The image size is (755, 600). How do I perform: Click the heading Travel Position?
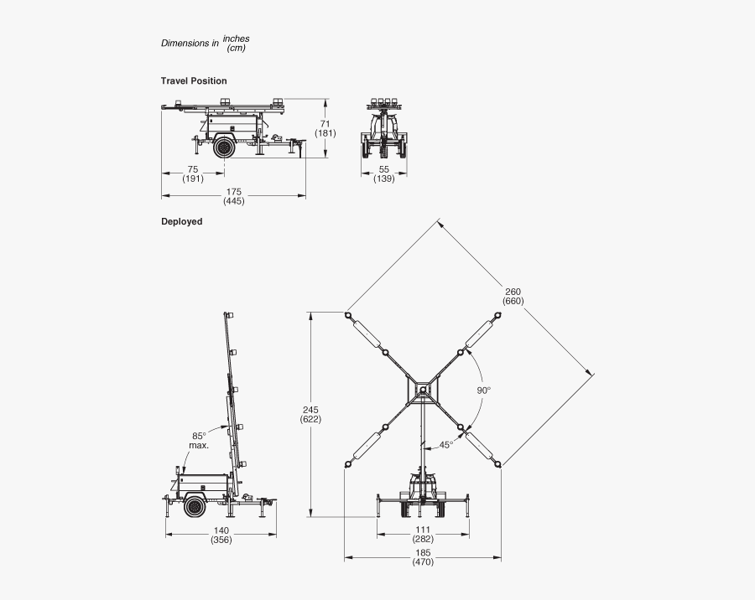pyautogui.click(x=194, y=80)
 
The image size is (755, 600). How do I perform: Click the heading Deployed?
pyautogui.click(x=181, y=221)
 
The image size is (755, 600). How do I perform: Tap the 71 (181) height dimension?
pyautogui.click(x=325, y=128)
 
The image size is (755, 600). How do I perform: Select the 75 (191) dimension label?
pyautogui.click(x=193, y=173)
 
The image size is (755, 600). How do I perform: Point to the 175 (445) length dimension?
pyautogui.click(x=233, y=196)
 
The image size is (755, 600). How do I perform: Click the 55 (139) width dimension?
pyautogui.click(x=383, y=173)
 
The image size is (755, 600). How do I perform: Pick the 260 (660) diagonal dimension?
pyautogui.click(x=513, y=297)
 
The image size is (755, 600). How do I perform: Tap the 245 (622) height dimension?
pyautogui.click(x=310, y=414)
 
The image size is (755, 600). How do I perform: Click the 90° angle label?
pyautogui.click(x=484, y=391)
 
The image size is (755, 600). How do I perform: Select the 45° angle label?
pyautogui.click(x=446, y=445)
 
